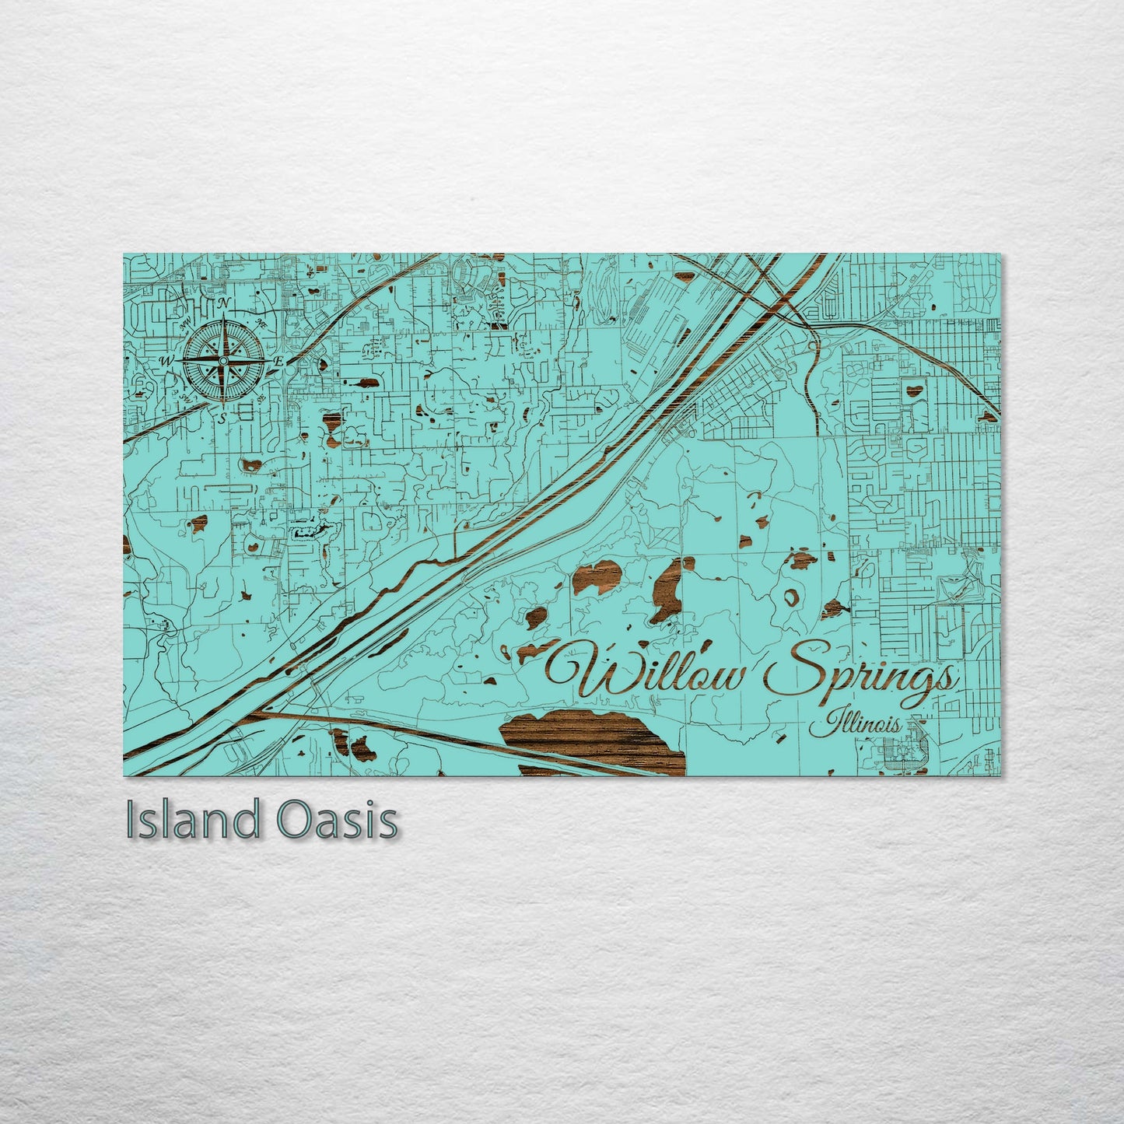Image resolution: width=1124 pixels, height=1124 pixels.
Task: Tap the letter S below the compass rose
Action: [222, 418]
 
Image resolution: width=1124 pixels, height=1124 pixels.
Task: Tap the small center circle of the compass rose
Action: [223, 361]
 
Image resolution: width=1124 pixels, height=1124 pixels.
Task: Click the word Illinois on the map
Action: [855, 725]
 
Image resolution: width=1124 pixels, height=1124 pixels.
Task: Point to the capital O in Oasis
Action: [294, 821]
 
